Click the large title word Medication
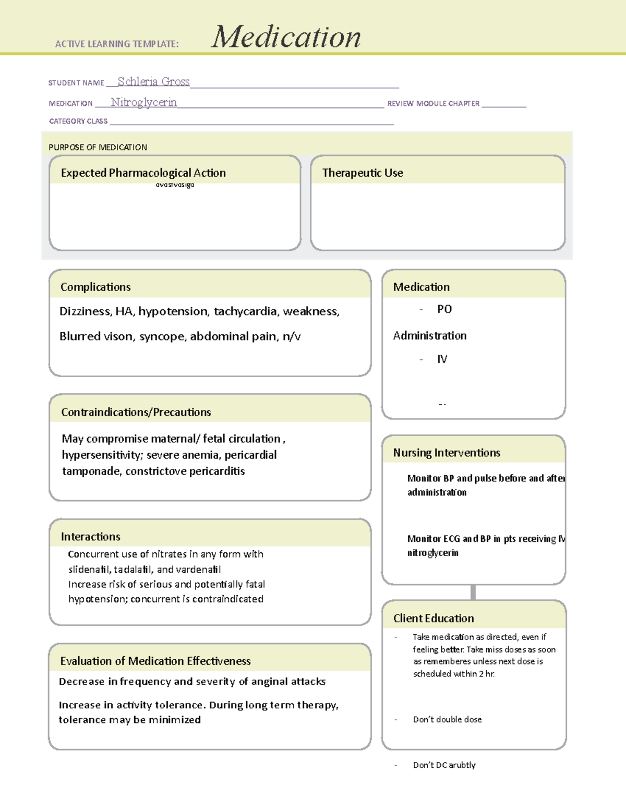click(285, 37)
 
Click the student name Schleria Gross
click(153, 82)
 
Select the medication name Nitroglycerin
click(143, 102)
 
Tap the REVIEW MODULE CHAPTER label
click(433, 104)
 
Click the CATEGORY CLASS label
click(78, 121)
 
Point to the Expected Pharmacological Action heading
click(143, 173)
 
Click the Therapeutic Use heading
click(363, 173)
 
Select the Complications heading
click(95, 287)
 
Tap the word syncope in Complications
click(162, 336)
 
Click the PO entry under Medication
click(444, 309)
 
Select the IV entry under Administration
click(442, 359)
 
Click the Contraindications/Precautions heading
click(136, 412)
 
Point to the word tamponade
click(91, 472)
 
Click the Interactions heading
click(90, 537)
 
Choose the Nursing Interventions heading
click(447, 453)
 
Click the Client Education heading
click(434, 619)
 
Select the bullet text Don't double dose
click(447, 720)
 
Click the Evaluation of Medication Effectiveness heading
click(155, 661)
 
